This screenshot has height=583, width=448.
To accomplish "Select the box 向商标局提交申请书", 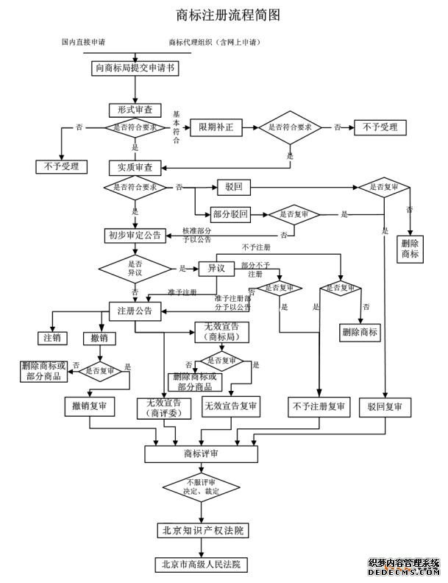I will tap(135, 68).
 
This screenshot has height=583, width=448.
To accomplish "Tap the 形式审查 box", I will tap(135, 109).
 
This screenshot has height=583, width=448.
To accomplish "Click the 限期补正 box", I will tap(216, 127).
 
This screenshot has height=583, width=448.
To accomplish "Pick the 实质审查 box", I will tap(135, 167).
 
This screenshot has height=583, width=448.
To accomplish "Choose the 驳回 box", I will tap(235, 188).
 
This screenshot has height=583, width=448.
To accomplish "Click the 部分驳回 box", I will tap(230, 214).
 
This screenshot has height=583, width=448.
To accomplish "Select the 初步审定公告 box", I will tap(135, 236).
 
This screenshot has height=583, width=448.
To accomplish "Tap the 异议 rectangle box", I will tap(216, 269).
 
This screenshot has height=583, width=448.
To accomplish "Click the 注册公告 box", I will tap(135, 310).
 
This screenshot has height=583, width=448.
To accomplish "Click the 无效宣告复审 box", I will tap(231, 406).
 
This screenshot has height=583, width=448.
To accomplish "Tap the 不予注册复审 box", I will tap(319, 406).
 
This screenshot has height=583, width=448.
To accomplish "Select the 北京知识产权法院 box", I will tap(201, 530).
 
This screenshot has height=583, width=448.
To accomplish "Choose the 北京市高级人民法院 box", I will tap(201, 565).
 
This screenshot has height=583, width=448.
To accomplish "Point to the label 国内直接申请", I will tap(83, 42).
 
